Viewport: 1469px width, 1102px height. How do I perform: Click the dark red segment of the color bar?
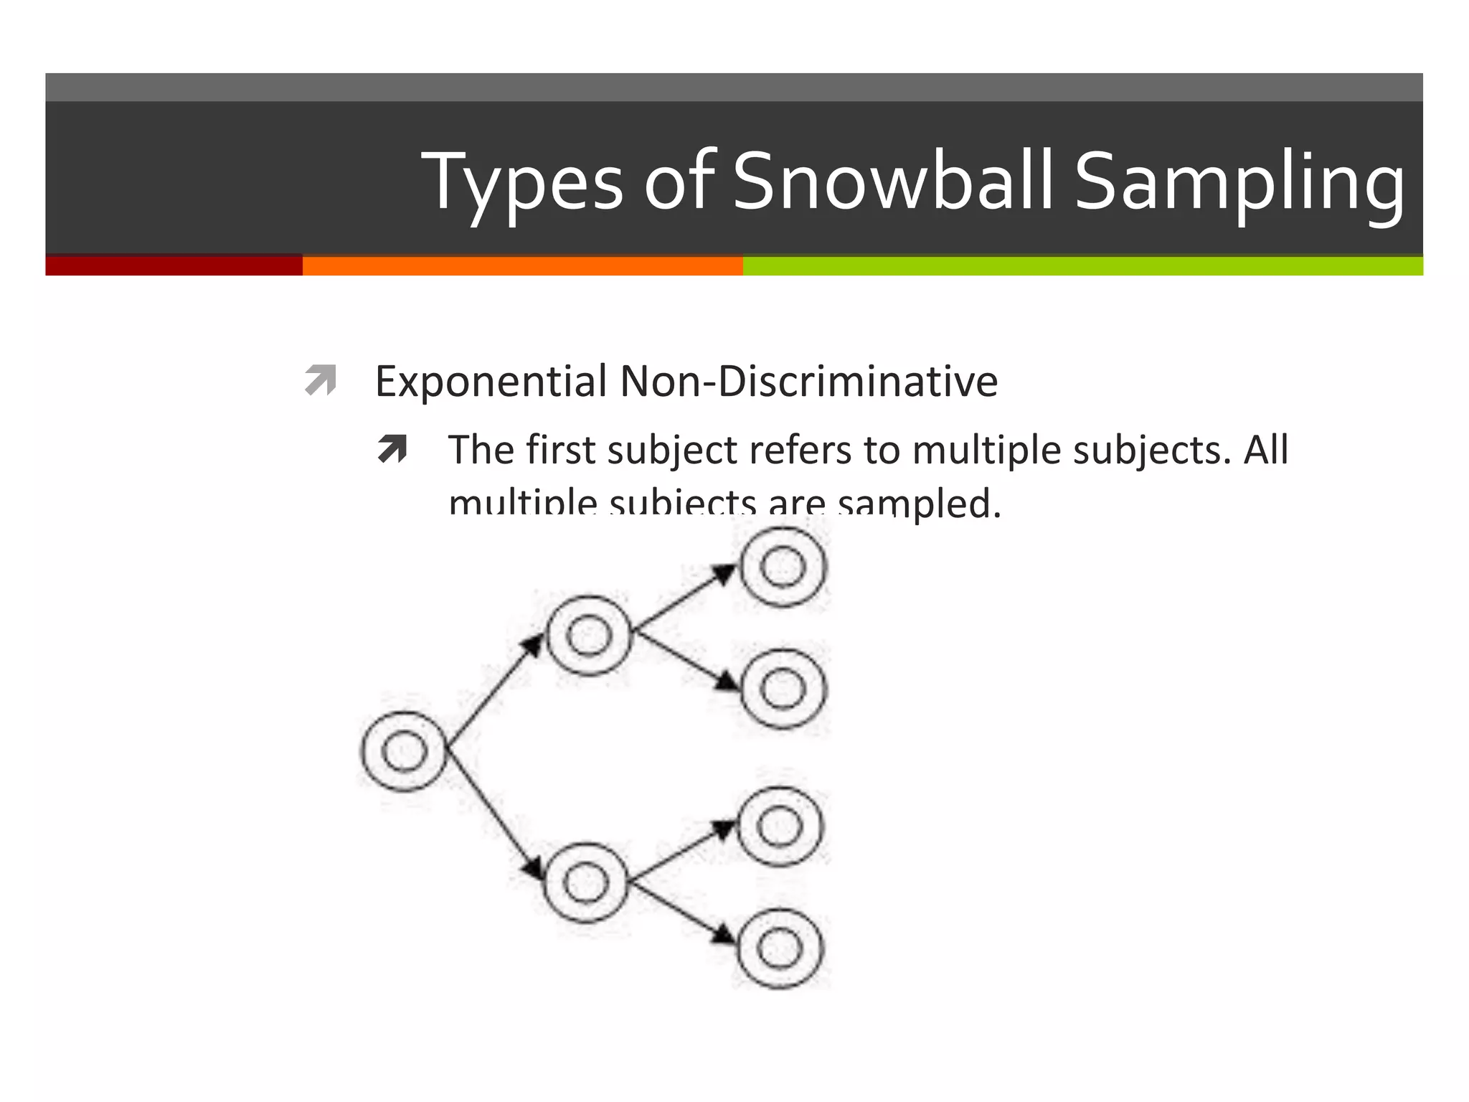tap(174, 265)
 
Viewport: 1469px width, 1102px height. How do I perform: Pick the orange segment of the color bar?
tap(522, 265)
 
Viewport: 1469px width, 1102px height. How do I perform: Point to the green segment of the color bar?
tap(1082, 265)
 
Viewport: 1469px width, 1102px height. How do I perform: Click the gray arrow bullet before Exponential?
tap(320, 380)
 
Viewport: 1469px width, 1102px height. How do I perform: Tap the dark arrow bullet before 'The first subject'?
tap(392, 450)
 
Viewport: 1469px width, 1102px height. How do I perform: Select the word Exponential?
tap(491, 382)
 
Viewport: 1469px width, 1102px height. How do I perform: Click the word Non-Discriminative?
tap(808, 382)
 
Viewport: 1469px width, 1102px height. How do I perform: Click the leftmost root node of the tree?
tap(404, 751)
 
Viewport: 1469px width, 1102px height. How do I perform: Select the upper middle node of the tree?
tap(589, 636)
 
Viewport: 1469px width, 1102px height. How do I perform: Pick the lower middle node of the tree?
tap(586, 882)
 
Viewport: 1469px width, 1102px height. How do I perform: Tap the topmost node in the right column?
tap(783, 567)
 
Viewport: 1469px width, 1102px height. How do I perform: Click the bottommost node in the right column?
tap(780, 948)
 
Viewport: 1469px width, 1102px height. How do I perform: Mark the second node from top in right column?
tap(783, 689)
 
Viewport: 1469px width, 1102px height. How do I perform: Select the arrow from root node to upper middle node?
tap(495, 692)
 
